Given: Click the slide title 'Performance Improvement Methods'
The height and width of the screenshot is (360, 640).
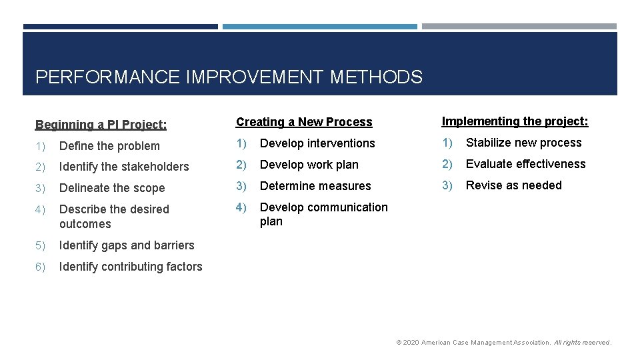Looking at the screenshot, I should coord(229,77).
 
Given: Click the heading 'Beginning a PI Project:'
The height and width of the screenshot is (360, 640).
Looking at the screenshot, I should coord(101,125).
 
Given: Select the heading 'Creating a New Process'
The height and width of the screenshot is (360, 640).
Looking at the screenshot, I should coord(304,122).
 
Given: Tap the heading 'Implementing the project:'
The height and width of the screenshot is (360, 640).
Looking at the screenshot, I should coord(515,121).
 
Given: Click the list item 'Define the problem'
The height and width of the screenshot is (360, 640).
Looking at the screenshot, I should coord(109,146).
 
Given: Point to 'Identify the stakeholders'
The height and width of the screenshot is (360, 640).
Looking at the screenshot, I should coord(124,167).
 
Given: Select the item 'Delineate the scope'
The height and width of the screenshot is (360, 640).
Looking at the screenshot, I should coord(112,188).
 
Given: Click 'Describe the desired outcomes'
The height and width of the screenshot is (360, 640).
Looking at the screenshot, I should coord(113,216).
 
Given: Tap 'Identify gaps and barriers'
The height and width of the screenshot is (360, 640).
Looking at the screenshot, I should coord(127,245).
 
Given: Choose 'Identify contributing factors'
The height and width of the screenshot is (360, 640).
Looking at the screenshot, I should coord(131,267).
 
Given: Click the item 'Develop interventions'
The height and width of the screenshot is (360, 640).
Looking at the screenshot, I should coord(317,143).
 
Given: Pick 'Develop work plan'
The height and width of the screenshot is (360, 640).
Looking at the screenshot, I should coord(309,165).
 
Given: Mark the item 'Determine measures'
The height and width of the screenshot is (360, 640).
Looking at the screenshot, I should coord(315,186).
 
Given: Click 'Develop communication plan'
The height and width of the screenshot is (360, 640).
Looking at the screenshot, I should coord(323,214).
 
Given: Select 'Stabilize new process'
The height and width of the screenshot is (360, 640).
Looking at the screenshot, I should coord(523,143).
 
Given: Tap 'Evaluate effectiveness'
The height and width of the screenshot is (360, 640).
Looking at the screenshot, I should coord(525,164).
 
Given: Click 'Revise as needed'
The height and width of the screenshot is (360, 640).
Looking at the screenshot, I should coord(513,185).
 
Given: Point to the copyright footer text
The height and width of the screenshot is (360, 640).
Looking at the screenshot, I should coord(503,343).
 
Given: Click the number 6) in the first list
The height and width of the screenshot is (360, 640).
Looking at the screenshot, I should coord(41,267).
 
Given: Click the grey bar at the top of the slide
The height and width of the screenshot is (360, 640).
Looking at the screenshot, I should coord(519,27).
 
